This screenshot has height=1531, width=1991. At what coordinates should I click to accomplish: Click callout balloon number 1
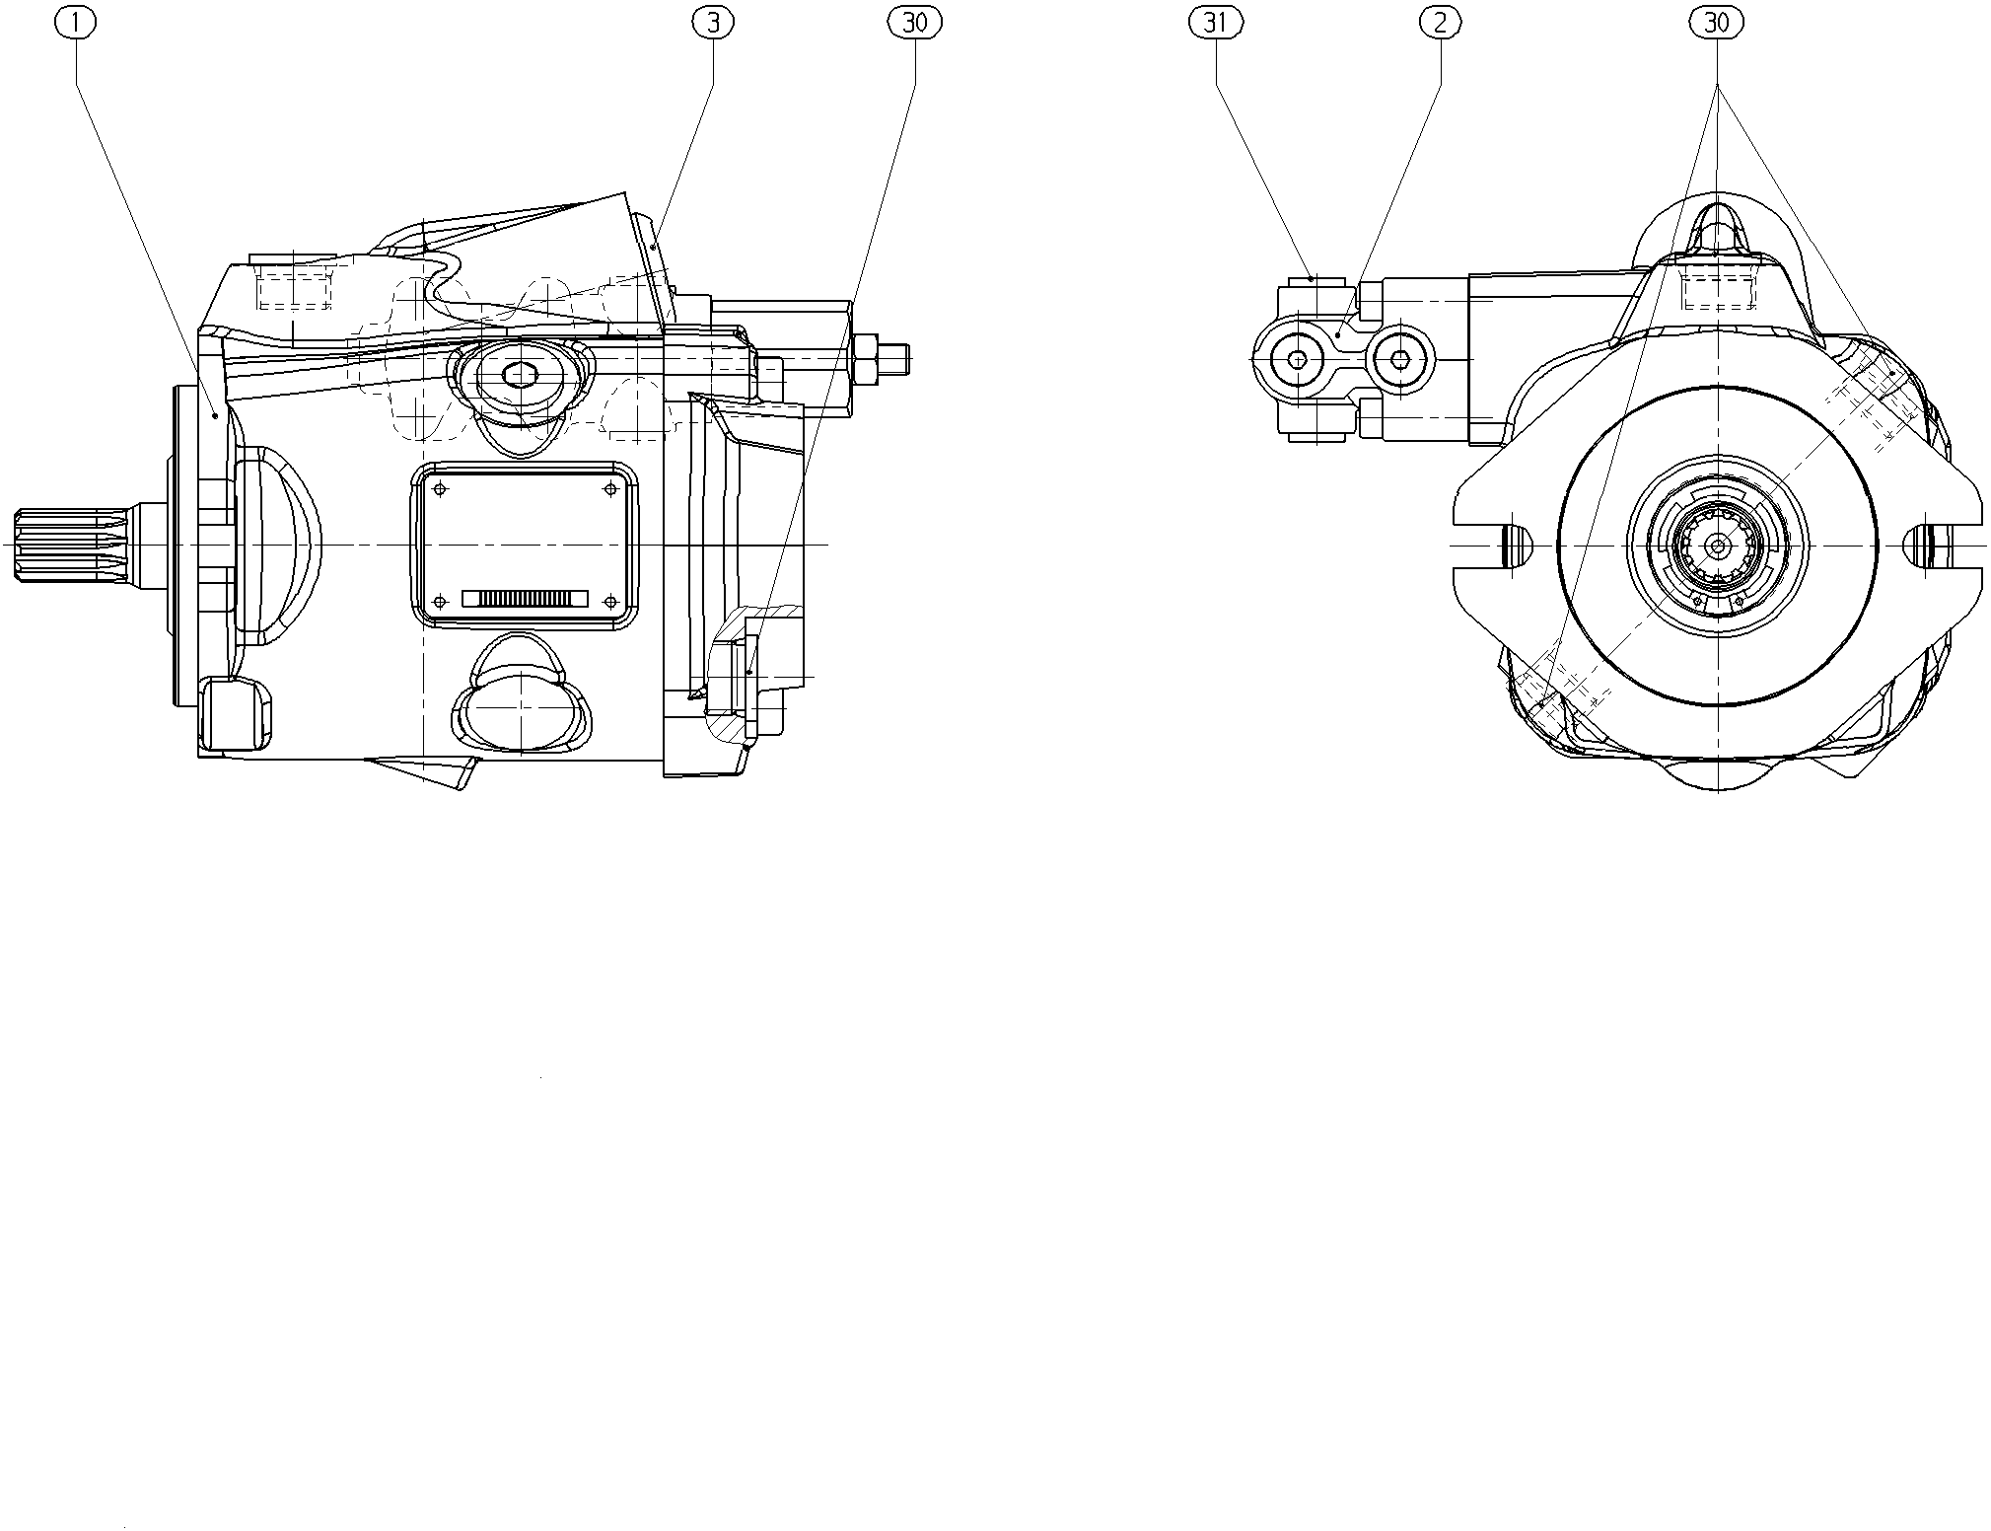click(x=77, y=22)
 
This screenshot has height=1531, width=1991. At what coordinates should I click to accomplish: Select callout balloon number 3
click(x=713, y=22)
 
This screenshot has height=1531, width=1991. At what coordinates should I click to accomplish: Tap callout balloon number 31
click(x=1215, y=22)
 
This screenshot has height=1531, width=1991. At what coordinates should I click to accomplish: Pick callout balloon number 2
click(x=1440, y=22)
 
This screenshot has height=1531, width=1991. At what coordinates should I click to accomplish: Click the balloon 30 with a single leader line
click(x=915, y=22)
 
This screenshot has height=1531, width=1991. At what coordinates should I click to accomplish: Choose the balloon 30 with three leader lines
click(x=1717, y=22)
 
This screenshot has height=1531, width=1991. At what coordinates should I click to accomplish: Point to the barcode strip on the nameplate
click(x=525, y=599)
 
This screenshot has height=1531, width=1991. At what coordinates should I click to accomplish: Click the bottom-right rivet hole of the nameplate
click(x=610, y=600)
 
